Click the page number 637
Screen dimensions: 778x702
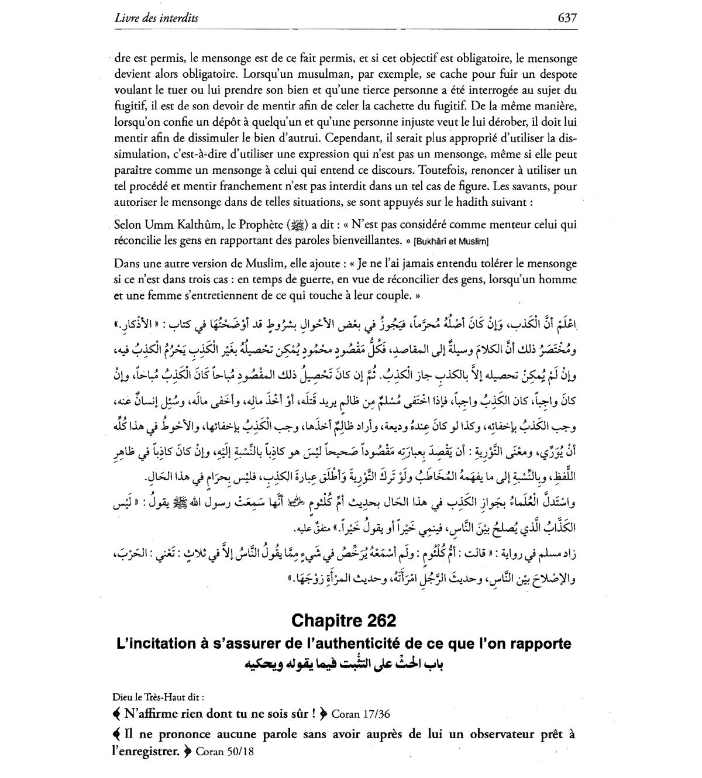click(x=567, y=18)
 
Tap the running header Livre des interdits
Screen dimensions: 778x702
click(x=156, y=18)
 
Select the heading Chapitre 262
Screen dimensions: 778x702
click(x=343, y=620)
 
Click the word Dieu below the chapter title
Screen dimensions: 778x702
click(x=123, y=697)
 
